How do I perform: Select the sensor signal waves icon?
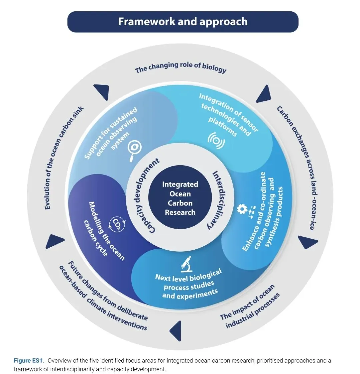point(216,141)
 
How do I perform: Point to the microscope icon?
point(187,264)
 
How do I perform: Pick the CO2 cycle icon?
point(117,224)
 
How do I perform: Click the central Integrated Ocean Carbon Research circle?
point(180,198)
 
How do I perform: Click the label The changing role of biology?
point(181,67)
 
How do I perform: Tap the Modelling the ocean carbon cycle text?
point(105,230)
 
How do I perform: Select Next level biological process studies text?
point(189,284)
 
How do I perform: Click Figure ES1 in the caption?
point(29,360)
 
